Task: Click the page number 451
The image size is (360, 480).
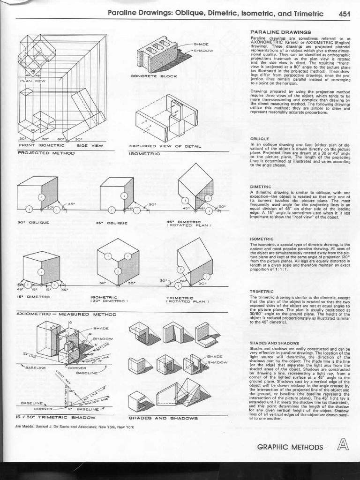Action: click(345, 14)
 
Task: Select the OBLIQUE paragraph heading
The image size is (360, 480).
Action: click(260, 139)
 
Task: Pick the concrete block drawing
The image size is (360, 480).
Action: click(157, 54)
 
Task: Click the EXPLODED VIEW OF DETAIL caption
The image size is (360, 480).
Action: click(165, 146)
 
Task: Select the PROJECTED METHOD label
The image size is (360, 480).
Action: click(40, 152)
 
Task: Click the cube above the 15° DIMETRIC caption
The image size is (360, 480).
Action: click(41, 269)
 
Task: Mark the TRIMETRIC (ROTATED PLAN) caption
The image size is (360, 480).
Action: click(187, 299)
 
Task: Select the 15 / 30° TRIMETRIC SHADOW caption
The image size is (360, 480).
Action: click(56, 417)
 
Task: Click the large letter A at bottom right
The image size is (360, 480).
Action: click(344, 443)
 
